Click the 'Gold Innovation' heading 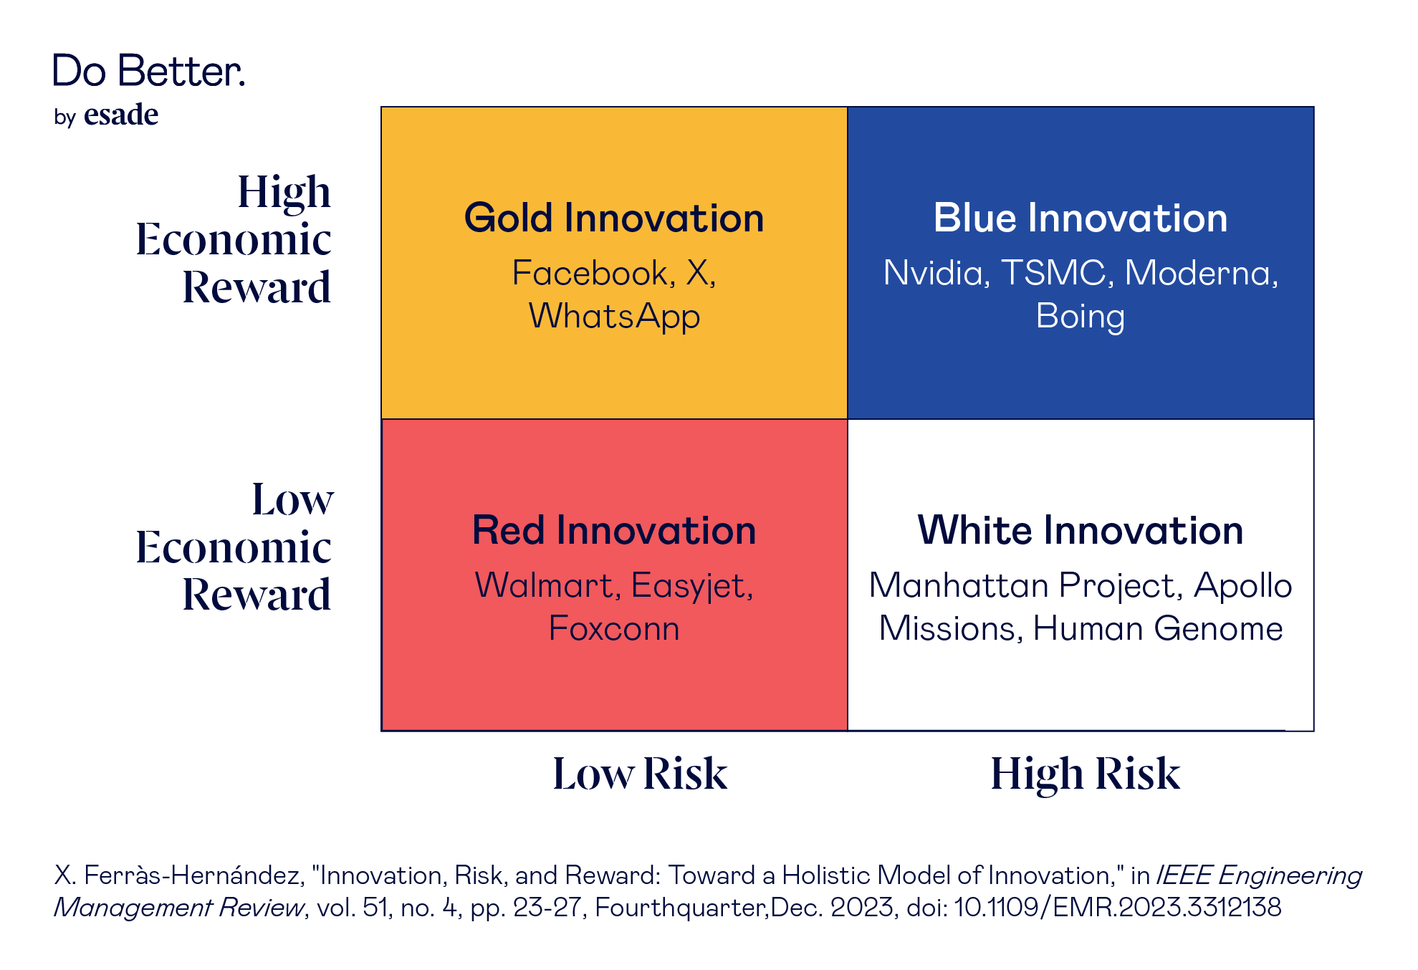coord(614,218)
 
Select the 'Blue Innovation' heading coord(1080,218)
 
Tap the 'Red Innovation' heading coord(614,530)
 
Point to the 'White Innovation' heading coord(1080,530)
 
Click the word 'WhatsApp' coord(614,317)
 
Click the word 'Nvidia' coord(936,273)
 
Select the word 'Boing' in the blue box coord(1080,317)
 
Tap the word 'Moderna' coord(1199,273)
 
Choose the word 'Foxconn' coord(614,628)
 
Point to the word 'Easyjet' coord(691,586)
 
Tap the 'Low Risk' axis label coord(640,774)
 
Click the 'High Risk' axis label coord(1085,774)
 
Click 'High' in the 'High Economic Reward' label coord(284,193)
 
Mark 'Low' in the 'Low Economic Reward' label coord(292,499)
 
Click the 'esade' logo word coord(121,115)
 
